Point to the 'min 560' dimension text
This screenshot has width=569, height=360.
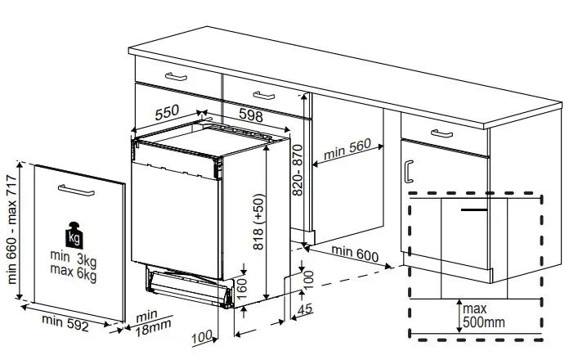[x=347, y=149]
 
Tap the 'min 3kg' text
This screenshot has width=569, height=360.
[x=73, y=259]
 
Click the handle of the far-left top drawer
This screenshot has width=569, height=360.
[x=175, y=77]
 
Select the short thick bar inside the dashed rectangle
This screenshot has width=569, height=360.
[x=477, y=210]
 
